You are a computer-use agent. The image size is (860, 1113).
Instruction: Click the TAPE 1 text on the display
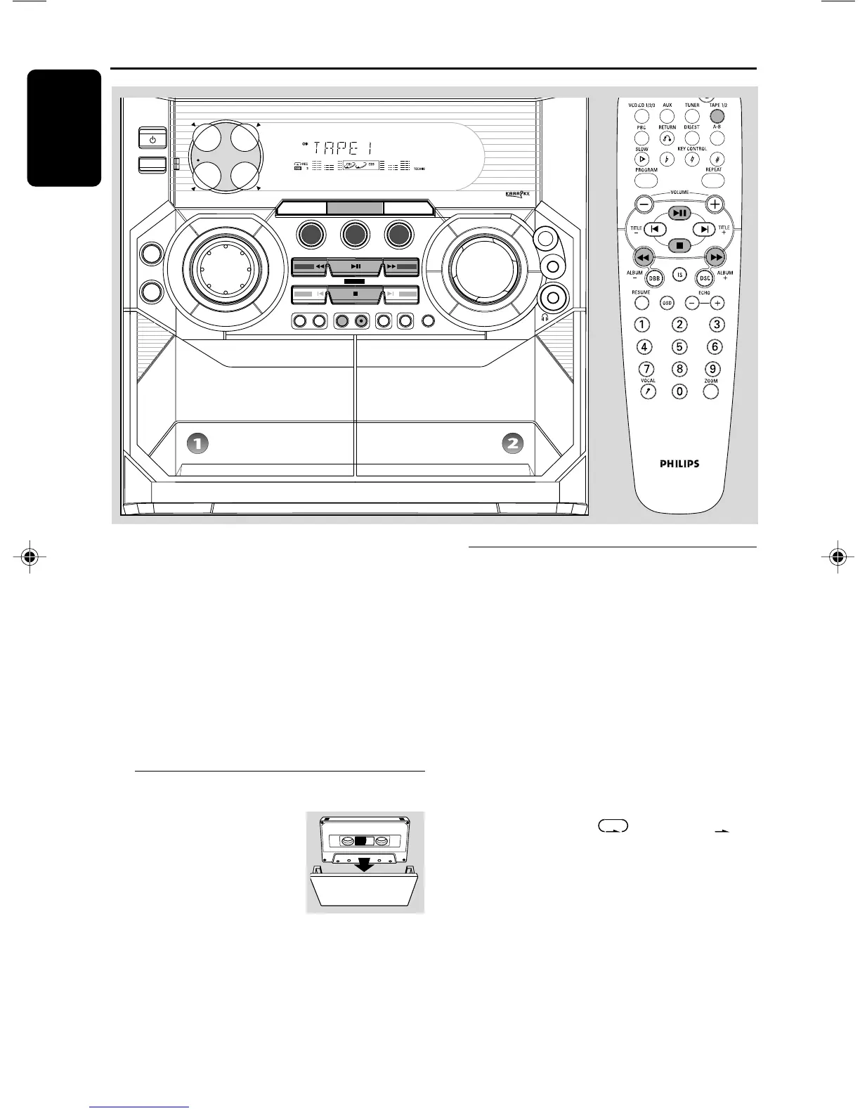(x=343, y=149)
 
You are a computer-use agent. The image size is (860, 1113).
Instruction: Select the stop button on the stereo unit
(x=356, y=294)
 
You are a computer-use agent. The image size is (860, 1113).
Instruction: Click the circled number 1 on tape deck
(x=198, y=443)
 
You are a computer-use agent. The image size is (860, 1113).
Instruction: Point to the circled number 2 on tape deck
(x=513, y=443)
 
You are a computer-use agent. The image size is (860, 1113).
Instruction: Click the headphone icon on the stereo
(x=545, y=318)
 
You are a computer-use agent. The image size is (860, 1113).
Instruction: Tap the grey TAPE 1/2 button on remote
(x=717, y=117)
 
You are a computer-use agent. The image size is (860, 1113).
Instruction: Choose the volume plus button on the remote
(x=715, y=204)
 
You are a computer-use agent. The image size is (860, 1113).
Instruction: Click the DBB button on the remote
(x=655, y=278)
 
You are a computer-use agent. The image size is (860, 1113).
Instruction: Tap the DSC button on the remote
(x=703, y=278)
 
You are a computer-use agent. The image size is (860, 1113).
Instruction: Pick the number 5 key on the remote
(x=679, y=346)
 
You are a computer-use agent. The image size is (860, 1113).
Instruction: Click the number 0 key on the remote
(x=679, y=391)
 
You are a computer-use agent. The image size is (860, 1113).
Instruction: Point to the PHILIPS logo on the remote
(x=679, y=464)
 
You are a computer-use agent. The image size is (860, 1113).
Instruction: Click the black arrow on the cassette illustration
(x=364, y=866)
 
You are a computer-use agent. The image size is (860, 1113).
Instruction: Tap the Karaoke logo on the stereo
(x=516, y=193)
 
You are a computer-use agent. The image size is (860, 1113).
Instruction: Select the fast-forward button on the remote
(x=715, y=257)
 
